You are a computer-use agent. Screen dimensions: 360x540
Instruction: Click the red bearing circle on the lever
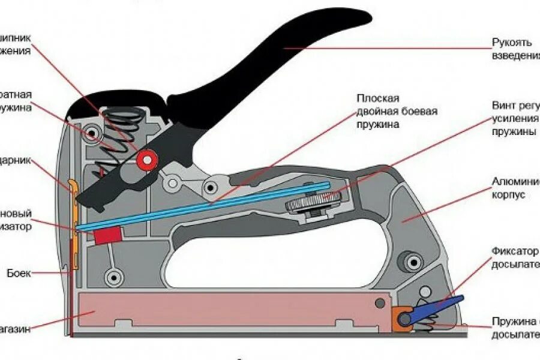(146, 160)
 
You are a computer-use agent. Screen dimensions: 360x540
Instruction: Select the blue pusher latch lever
(438, 307)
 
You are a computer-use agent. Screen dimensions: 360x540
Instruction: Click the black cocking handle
(288, 60)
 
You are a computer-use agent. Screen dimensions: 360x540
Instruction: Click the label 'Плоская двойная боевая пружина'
(396, 112)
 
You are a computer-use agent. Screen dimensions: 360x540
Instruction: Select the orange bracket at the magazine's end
(401, 317)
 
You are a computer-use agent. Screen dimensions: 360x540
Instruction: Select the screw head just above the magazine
(113, 277)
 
